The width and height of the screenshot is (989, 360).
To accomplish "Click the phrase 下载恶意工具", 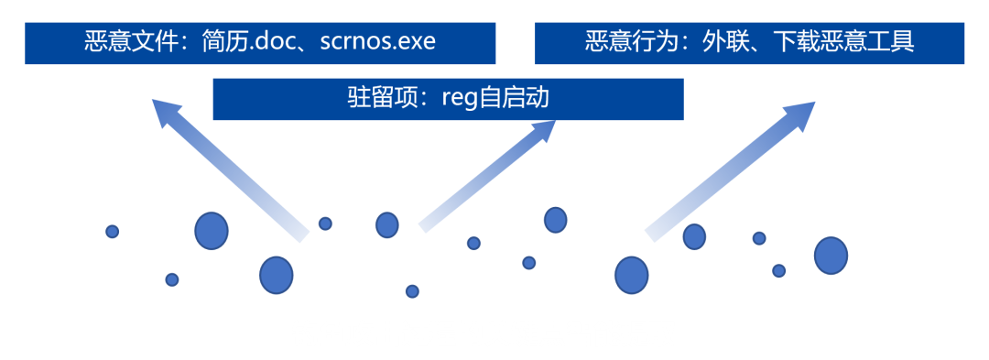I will pos(842,42).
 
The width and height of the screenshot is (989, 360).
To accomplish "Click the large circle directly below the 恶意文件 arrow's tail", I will pos(276,275).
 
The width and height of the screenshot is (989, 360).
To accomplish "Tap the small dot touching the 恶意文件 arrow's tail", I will pos(325,224).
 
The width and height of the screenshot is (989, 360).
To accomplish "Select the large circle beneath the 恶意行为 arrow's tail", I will pos(631,275).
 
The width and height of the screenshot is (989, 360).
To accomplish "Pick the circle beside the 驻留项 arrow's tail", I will pos(387,224).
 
